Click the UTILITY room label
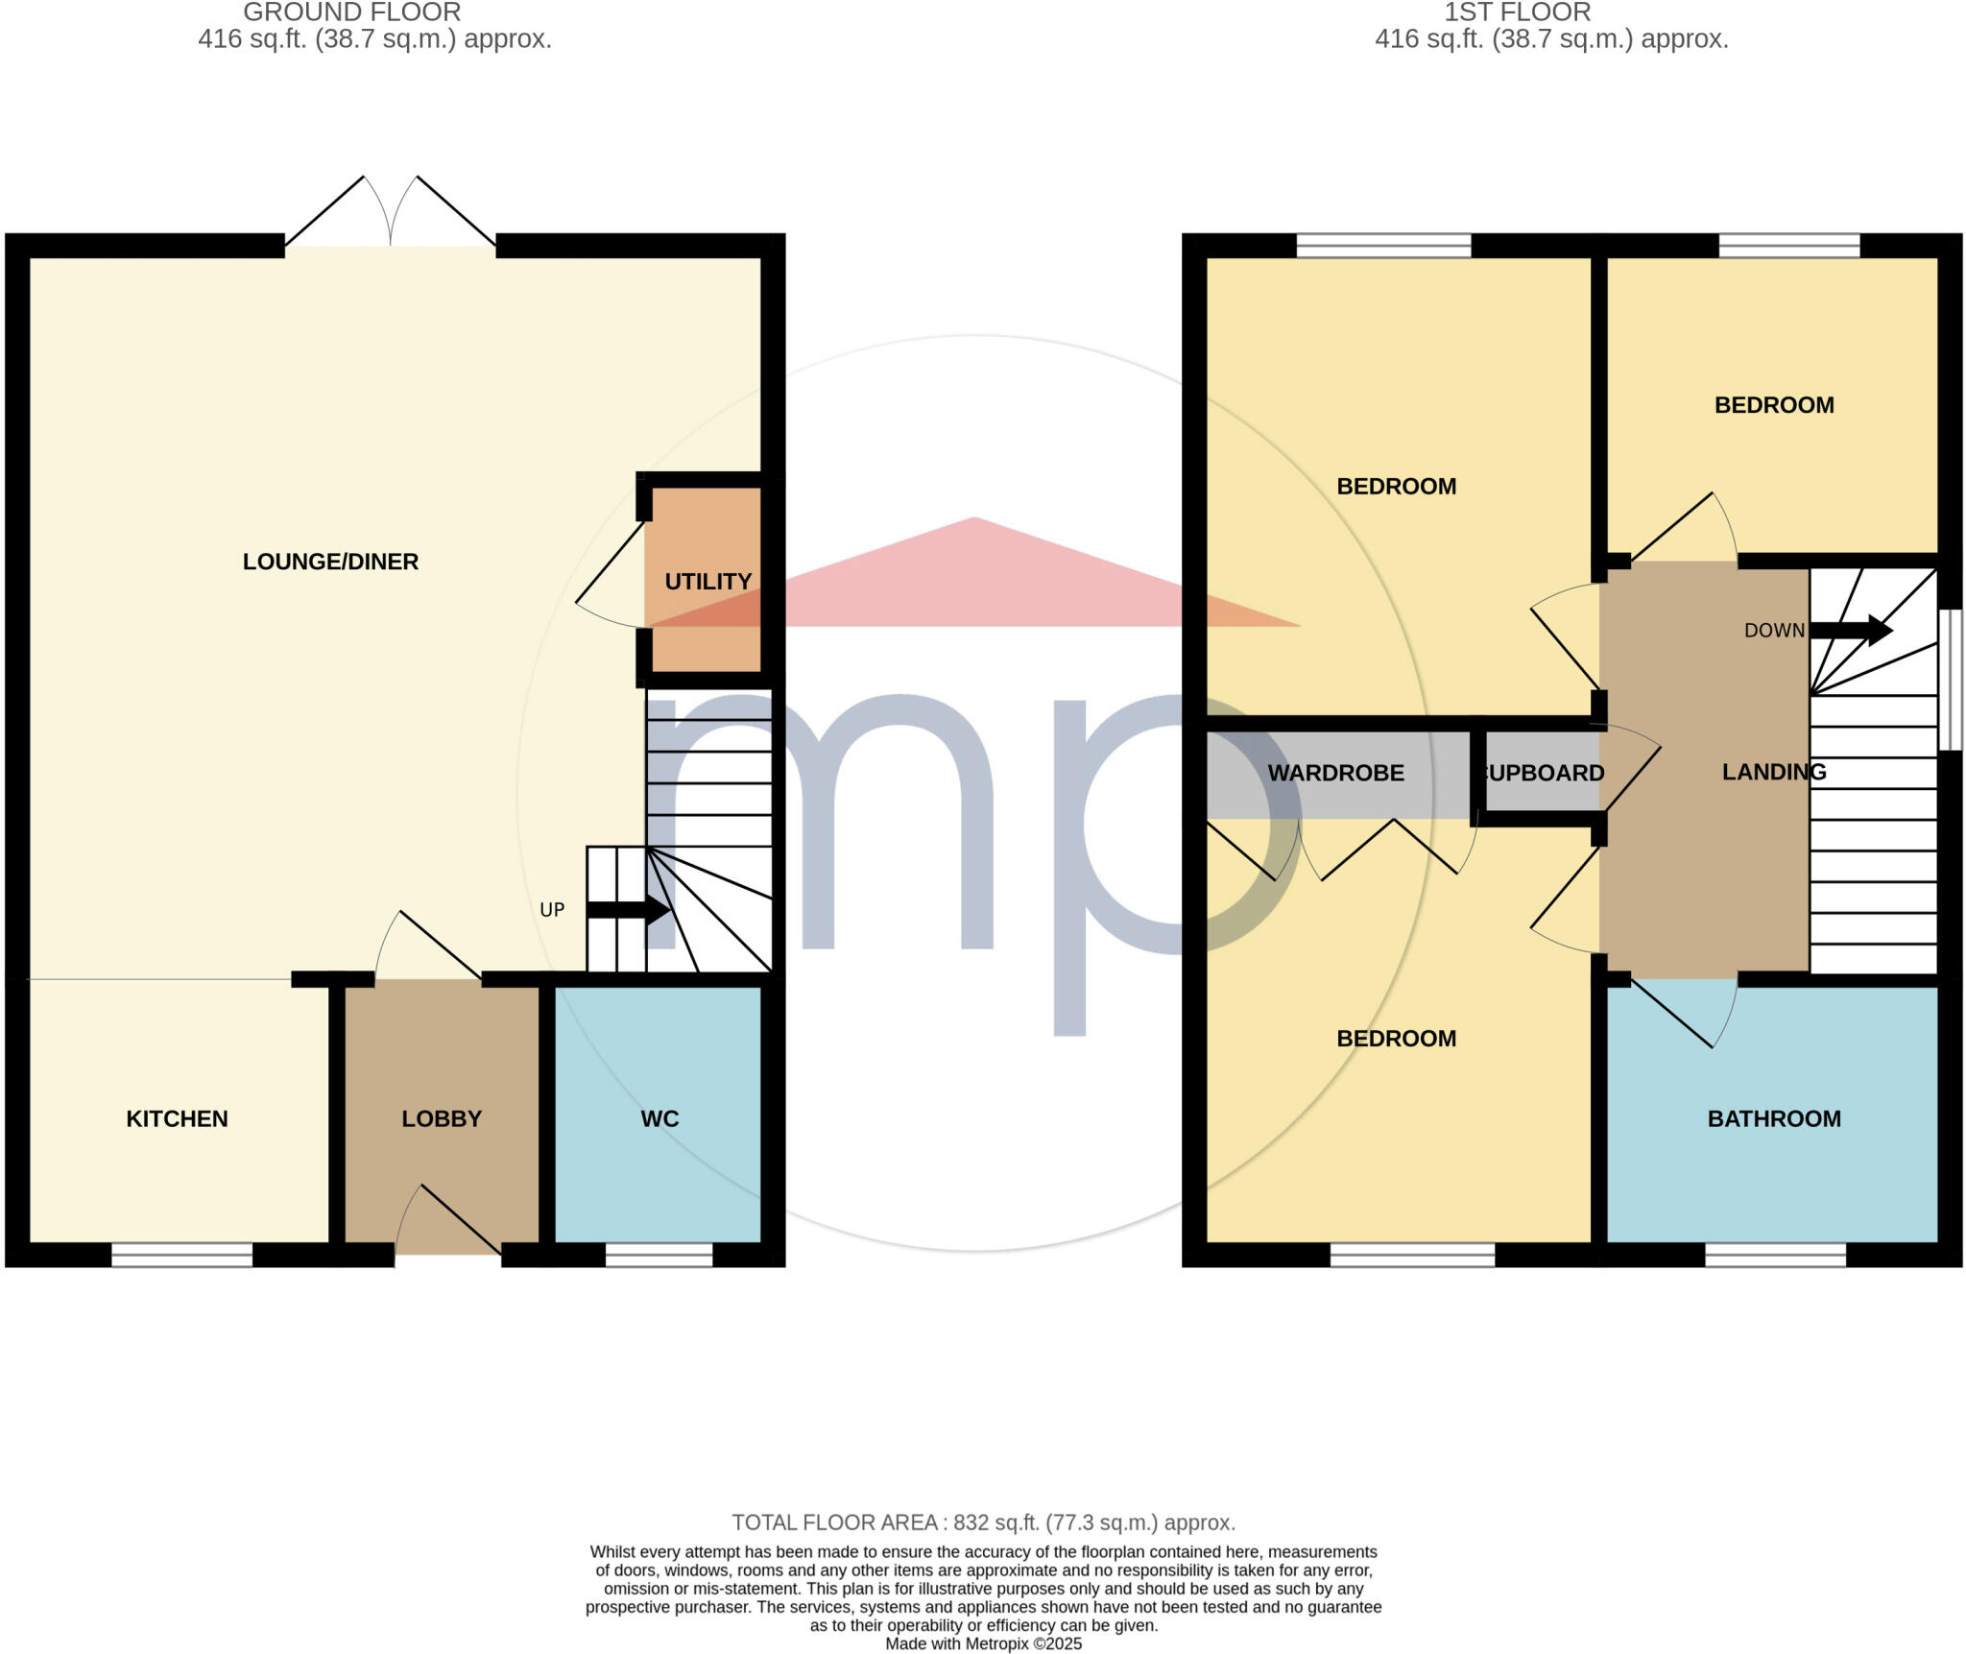(707, 581)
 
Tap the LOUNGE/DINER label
(330, 562)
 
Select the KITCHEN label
(177, 1118)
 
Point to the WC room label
(659, 1118)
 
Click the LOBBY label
(442, 1118)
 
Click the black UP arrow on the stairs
(629, 909)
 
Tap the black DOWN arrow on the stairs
(1850, 631)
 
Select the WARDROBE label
(1335, 773)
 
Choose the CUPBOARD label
(1544, 773)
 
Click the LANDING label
(1773, 771)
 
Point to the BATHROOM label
(1773, 1118)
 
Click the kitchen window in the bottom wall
(181, 1255)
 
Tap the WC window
(659, 1255)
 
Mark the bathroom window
(1775, 1255)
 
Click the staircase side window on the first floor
(1950, 679)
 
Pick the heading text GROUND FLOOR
(351, 12)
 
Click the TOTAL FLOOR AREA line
(983, 1522)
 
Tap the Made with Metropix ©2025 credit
(983, 1643)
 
